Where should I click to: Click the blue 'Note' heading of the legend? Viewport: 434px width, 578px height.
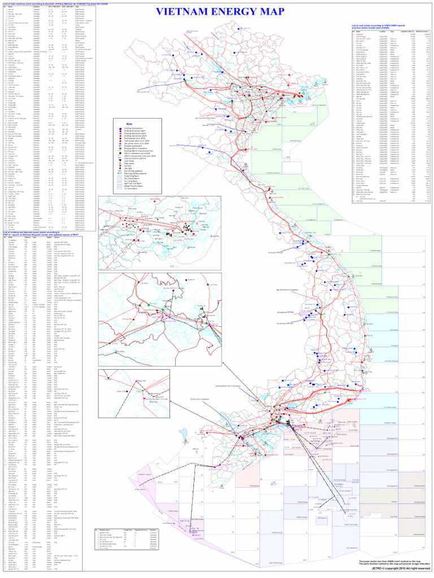(x=129, y=124)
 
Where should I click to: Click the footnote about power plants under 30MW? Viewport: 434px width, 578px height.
(x=390, y=561)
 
